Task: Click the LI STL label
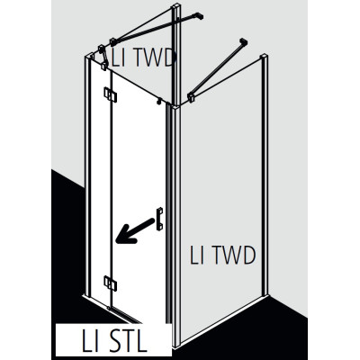pyautogui.click(x=114, y=341)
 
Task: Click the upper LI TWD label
pyautogui.click(x=143, y=58)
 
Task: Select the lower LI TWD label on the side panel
pyautogui.click(x=222, y=255)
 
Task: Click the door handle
pyautogui.click(x=159, y=219)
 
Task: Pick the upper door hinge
pyautogui.click(x=111, y=94)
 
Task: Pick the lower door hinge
pyautogui.click(x=111, y=283)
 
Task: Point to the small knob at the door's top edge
pyautogui.click(x=159, y=102)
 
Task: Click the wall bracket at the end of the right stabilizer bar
pyautogui.click(x=243, y=41)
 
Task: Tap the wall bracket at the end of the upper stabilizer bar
pyautogui.click(x=200, y=15)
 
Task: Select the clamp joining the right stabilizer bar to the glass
pyautogui.click(x=191, y=97)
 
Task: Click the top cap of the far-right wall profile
pyautogui.click(x=264, y=56)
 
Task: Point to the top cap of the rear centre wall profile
pyautogui.click(x=176, y=6)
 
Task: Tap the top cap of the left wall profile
pyautogui.click(x=89, y=56)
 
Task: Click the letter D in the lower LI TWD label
pyautogui.click(x=247, y=256)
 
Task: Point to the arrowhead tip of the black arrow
pyautogui.click(x=116, y=240)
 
